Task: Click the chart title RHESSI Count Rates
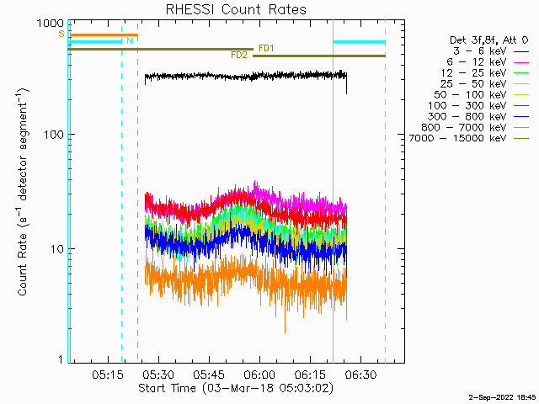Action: click(236, 9)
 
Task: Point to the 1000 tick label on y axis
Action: click(51, 24)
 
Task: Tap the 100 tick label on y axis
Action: click(55, 135)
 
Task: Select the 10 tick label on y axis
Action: click(58, 249)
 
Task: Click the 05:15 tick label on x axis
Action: click(108, 375)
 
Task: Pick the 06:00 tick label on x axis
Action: click(259, 375)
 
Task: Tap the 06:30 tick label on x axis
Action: click(360, 375)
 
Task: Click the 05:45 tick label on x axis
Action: click(209, 375)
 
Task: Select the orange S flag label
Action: click(61, 34)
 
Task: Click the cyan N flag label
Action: click(130, 41)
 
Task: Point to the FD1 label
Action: click(266, 49)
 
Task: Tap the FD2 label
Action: click(239, 56)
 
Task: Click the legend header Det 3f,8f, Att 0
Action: click(488, 40)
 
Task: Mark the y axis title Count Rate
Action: click(23, 264)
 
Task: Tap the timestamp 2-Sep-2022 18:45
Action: click(502, 398)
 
